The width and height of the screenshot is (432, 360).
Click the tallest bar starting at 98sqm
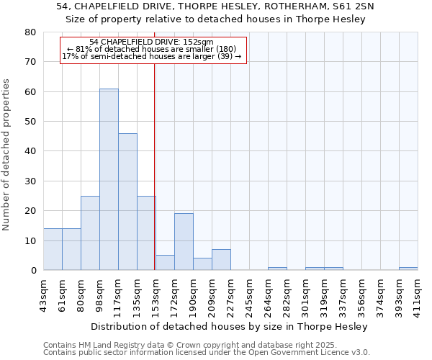click(x=109, y=179)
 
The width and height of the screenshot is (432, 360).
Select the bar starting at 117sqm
click(x=127, y=202)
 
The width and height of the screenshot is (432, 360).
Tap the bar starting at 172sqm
click(x=184, y=242)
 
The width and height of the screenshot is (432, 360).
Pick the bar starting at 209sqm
click(x=221, y=260)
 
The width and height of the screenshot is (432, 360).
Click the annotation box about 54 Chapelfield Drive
click(x=153, y=49)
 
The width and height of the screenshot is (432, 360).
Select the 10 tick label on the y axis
click(x=31, y=241)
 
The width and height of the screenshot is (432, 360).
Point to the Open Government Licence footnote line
click(x=207, y=353)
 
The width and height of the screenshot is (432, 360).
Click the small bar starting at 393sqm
click(x=408, y=269)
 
